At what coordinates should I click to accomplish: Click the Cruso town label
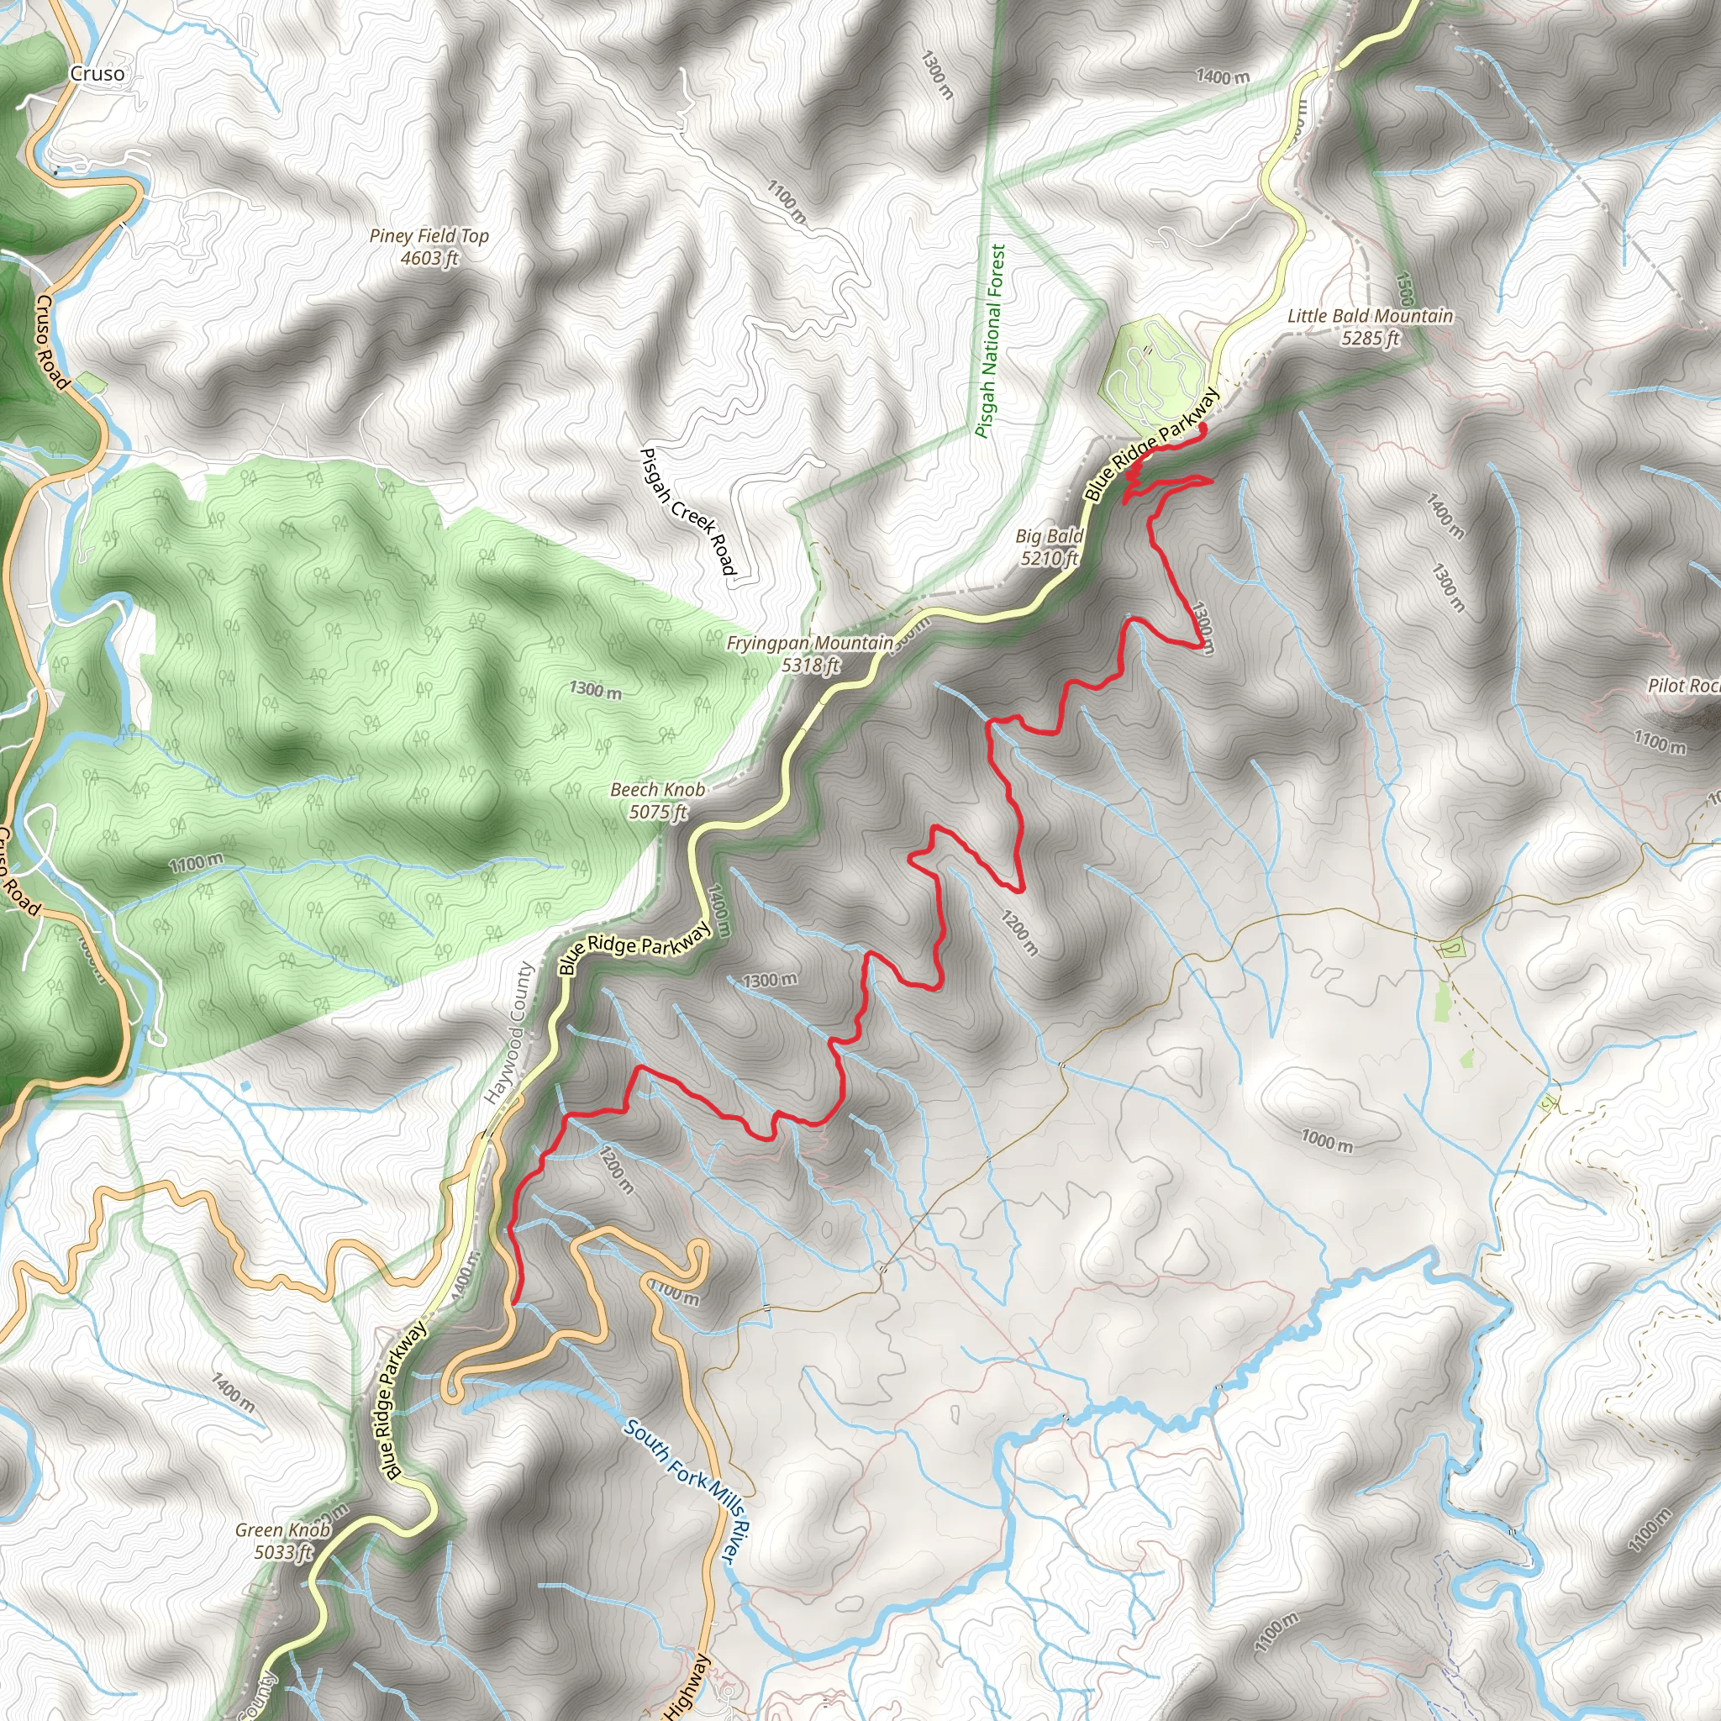coord(97,74)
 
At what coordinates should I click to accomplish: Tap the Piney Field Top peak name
coord(429,236)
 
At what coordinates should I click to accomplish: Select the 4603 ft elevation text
coord(429,258)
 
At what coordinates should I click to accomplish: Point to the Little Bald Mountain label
coord(1370,316)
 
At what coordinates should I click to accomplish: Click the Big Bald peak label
coord(1050,536)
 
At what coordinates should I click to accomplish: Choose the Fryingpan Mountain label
coord(810,643)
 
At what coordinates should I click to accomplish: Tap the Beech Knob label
coord(657,790)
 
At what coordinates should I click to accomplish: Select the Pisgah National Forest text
coord(991,341)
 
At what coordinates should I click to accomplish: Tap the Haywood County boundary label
coord(508,1034)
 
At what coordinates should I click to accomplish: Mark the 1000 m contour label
coord(1326,1140)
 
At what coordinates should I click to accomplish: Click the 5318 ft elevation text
coord(810,666)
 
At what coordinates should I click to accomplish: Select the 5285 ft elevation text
coord(1370,339)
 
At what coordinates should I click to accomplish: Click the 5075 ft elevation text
coord(657,813)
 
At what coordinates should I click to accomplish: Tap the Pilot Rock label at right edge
coord(1683,686)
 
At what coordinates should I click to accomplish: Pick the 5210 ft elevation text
coord(1050,559)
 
